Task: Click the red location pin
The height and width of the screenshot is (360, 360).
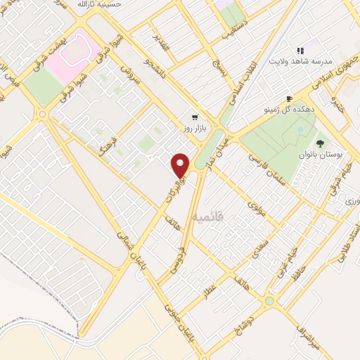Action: click(181, 165)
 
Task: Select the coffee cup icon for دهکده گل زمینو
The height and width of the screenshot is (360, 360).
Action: click(288, 99)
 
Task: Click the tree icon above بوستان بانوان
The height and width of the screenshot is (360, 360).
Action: click(321, 143)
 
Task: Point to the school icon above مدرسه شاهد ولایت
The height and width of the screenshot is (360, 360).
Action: click(300, 51)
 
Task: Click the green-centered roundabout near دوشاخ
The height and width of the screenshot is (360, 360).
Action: click(268, 301)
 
